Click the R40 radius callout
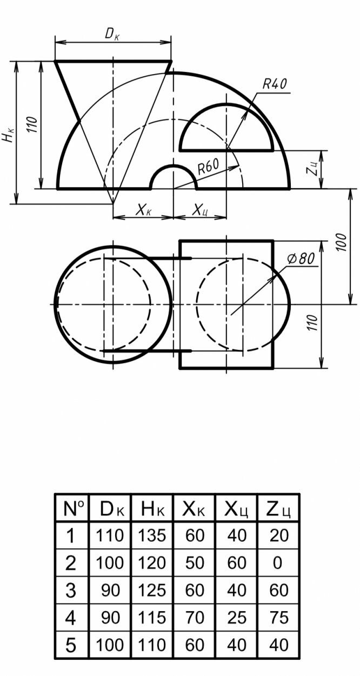coord(275,84)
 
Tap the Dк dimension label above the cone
coord(112,34)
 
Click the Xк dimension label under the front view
coord(143,210)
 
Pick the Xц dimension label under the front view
coord(199,210)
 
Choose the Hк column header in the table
coord(152,508)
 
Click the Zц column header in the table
coord(278,508)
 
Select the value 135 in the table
coord(152,535)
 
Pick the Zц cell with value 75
coord(278,617)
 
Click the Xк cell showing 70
coord(194,617)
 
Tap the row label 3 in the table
coord(70,590)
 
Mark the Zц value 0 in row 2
coord(278,563)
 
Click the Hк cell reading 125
coord(152,590)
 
